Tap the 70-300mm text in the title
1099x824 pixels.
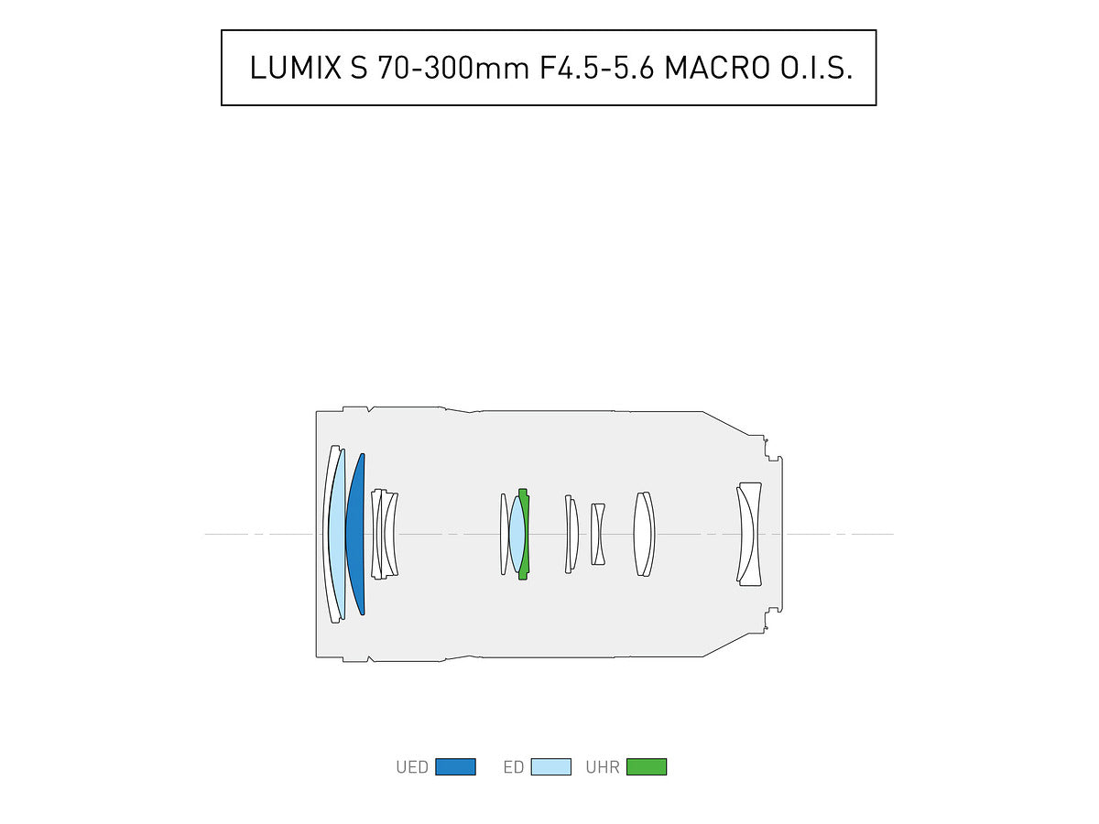pos(453,68)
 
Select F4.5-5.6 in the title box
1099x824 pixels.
pos(596,68)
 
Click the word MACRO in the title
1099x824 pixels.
pos(717,68)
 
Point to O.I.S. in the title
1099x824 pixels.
pos(816,68)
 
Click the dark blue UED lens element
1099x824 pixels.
pos(356,534)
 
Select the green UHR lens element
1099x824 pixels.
pos(524,534)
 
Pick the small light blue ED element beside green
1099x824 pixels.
pos(517,534)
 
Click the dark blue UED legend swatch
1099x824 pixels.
pos(455,767)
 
